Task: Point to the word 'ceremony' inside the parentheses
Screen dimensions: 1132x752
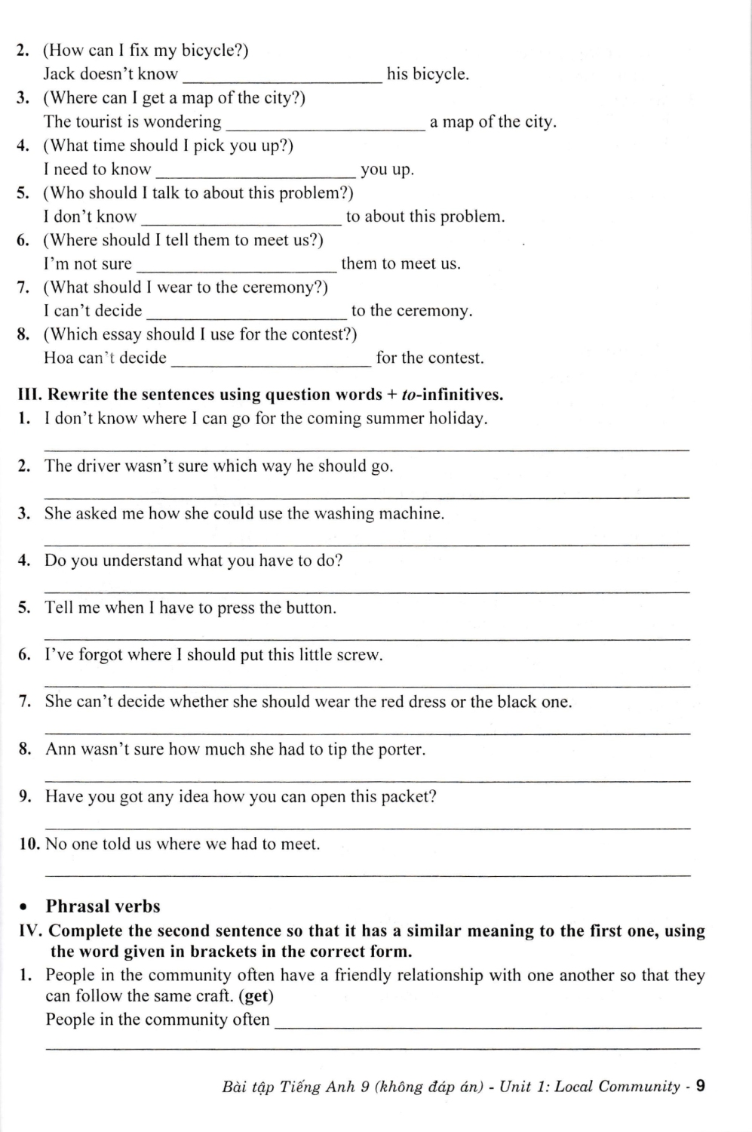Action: pyautogui.click(x=288, y=288)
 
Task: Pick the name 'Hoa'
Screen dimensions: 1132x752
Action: pyautogui.click(x=58, y=358)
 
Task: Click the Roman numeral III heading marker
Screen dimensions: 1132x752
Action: pyautogui.click(x=30, y=395)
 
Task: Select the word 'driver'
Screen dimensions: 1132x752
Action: pyautogui.click(x=100, y=466)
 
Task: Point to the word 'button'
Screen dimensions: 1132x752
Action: pyautogui.click(x=310, y=608)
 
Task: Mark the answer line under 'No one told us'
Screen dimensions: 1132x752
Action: pyautogui.click(x=368, y=875)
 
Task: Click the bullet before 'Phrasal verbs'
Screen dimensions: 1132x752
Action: pyautogui.click(x=26, y=907)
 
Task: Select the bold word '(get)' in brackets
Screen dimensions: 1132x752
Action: pyautogui.click(x=256, y=996)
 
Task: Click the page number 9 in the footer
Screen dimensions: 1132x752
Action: pyautogui.click(x=700, y=1086)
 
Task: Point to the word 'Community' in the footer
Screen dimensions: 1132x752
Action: pyautogui.click(x=637, y=1087)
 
